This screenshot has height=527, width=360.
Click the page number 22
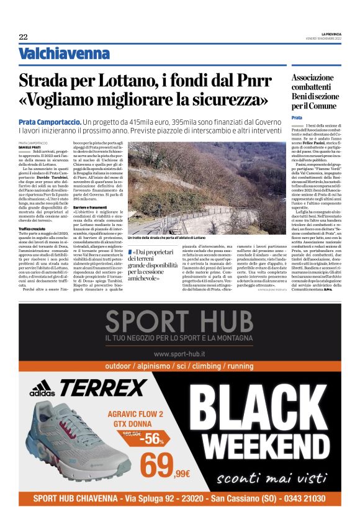(x=23, y=37)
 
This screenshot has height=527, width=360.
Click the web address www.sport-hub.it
(x=179, y=353)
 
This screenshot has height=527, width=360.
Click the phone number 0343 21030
(x=299, y=498)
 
